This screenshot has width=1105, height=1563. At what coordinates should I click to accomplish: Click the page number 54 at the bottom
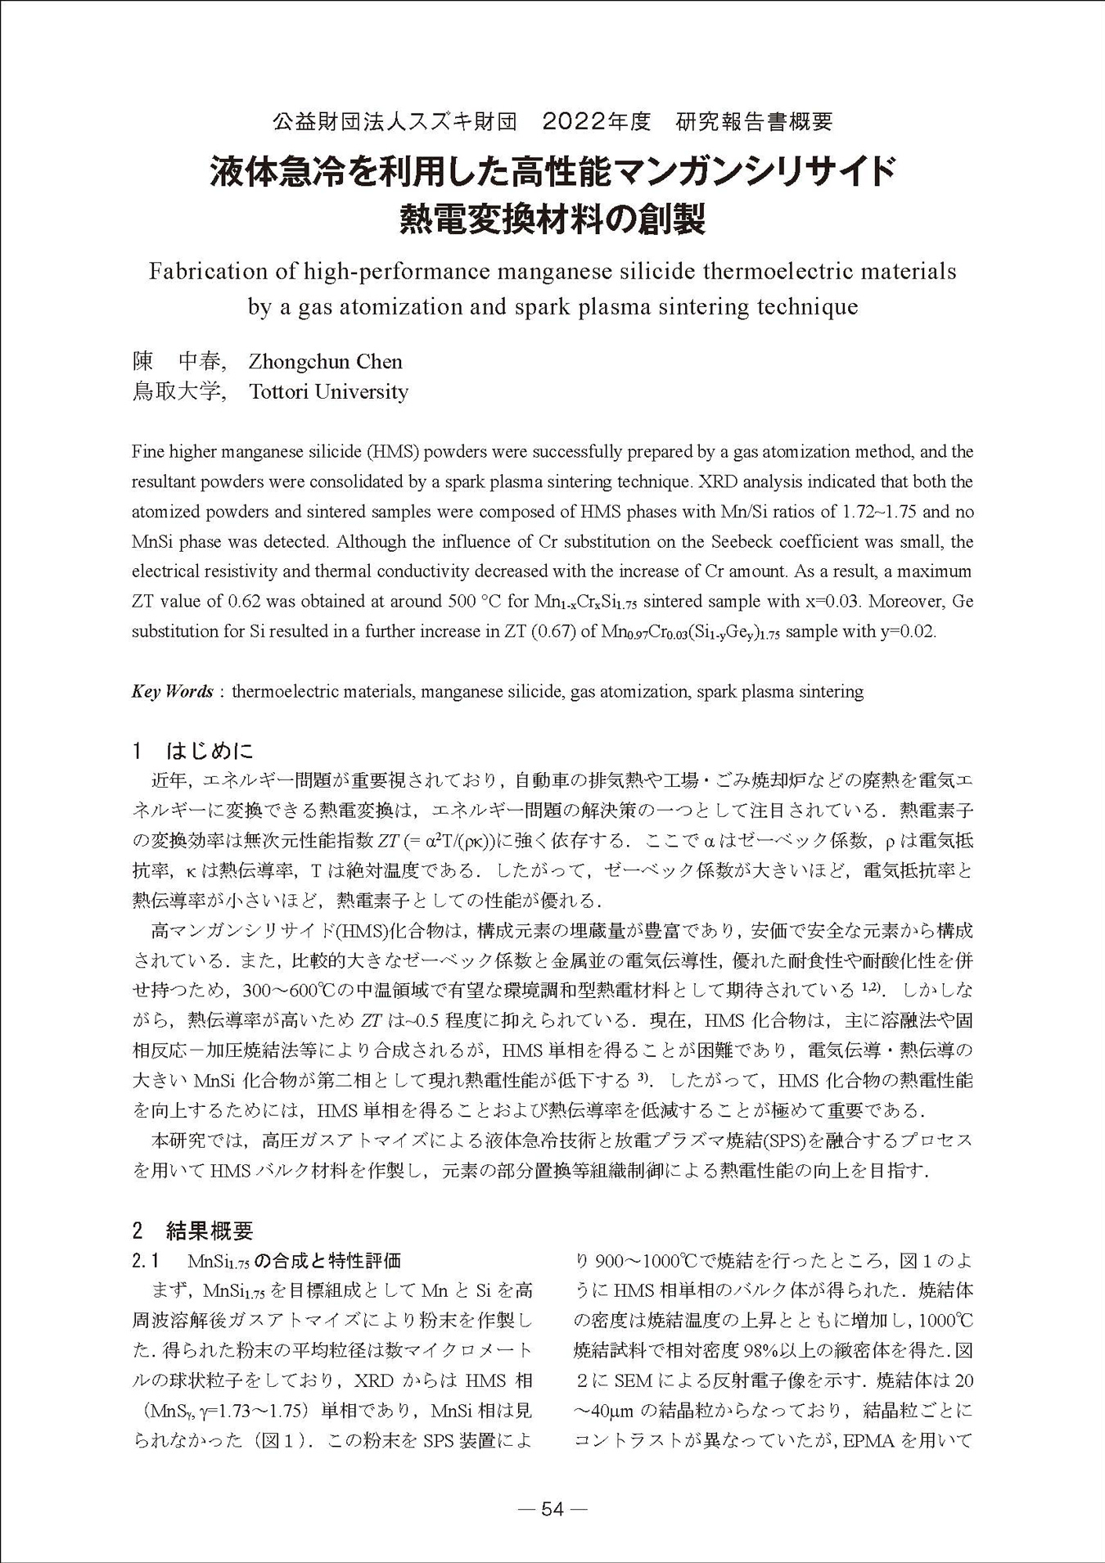(552, 1510)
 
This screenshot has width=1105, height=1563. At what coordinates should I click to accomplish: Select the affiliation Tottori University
(328, 391)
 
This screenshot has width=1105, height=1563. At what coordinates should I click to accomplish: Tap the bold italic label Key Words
(172, 691)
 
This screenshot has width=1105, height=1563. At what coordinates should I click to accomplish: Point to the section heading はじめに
(210, 750)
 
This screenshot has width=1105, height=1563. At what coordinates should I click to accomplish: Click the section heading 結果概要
(210, 1230)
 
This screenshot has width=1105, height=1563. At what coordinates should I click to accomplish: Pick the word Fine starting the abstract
(147, 451)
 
